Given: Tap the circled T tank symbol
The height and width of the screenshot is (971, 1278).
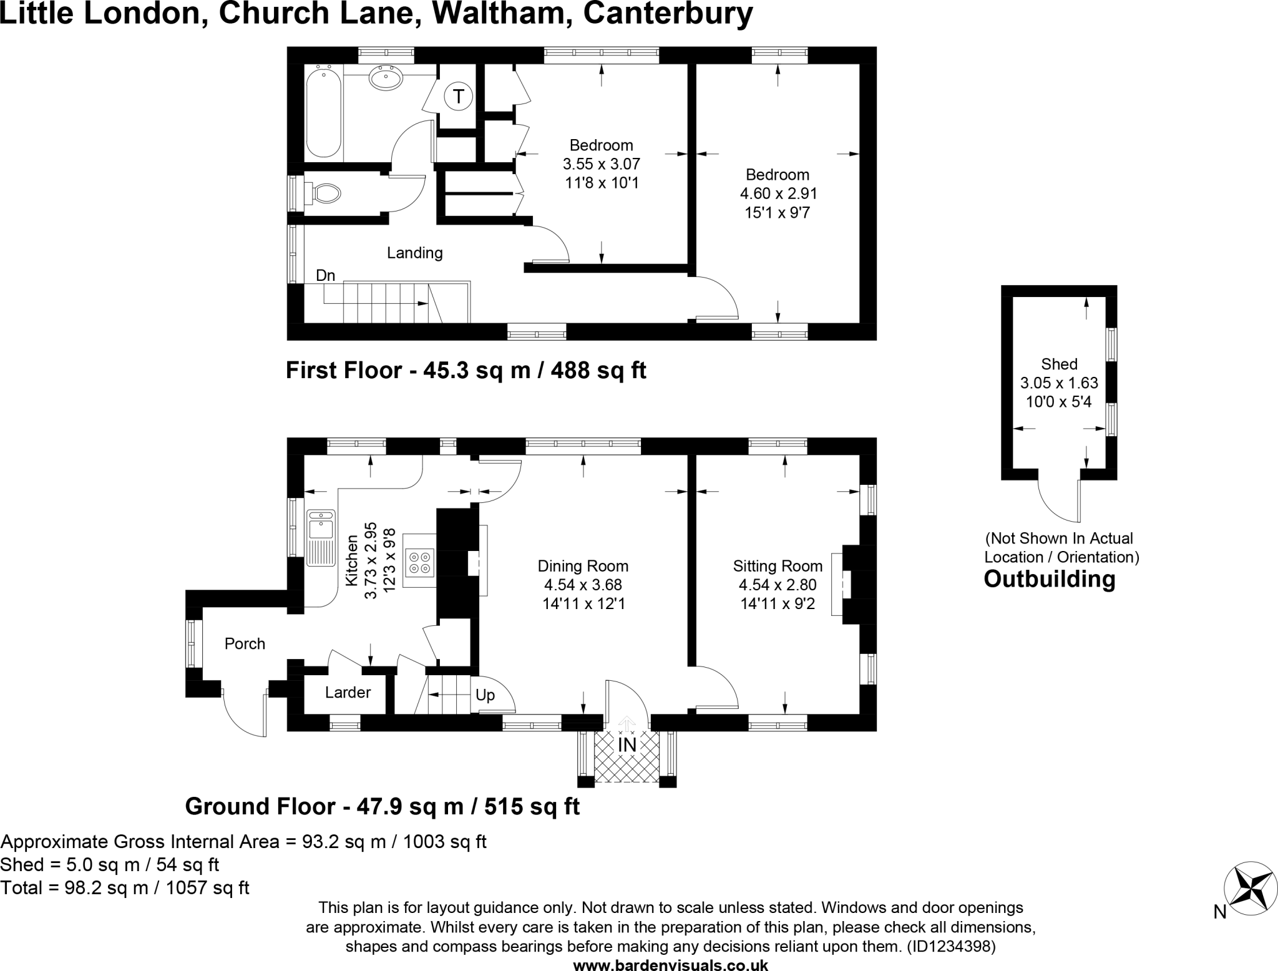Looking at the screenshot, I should [x=459, y=97].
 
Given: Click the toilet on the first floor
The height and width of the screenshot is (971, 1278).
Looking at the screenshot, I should [x=324, y=193].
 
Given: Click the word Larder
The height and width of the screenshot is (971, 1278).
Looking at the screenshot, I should [x=348, y=693].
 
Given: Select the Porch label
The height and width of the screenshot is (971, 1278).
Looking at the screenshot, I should [x=245, y=644].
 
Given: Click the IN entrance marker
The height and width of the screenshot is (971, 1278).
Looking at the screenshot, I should [x=627, y=745].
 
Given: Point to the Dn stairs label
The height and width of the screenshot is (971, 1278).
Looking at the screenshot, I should [x=325, y=276].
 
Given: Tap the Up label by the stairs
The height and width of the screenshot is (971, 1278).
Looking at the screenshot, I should [x=485, y=695].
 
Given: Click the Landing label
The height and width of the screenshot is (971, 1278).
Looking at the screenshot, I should [x=414, y=253].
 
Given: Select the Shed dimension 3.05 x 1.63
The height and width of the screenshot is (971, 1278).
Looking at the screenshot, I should [x=1059, y=383].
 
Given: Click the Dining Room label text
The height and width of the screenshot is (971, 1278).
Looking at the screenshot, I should [x=583, y=566].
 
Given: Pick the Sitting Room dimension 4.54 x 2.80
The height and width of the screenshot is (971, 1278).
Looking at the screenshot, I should [x=778, y=585].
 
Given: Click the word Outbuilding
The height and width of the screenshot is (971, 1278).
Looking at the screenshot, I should [x=1049, y=579].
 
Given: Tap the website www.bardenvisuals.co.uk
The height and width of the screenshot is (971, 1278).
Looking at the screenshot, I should [x=670, y=965].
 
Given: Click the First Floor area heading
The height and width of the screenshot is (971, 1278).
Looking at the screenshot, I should [x=466, y=371].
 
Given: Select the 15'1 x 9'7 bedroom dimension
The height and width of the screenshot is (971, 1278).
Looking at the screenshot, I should [x=778, y=213].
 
